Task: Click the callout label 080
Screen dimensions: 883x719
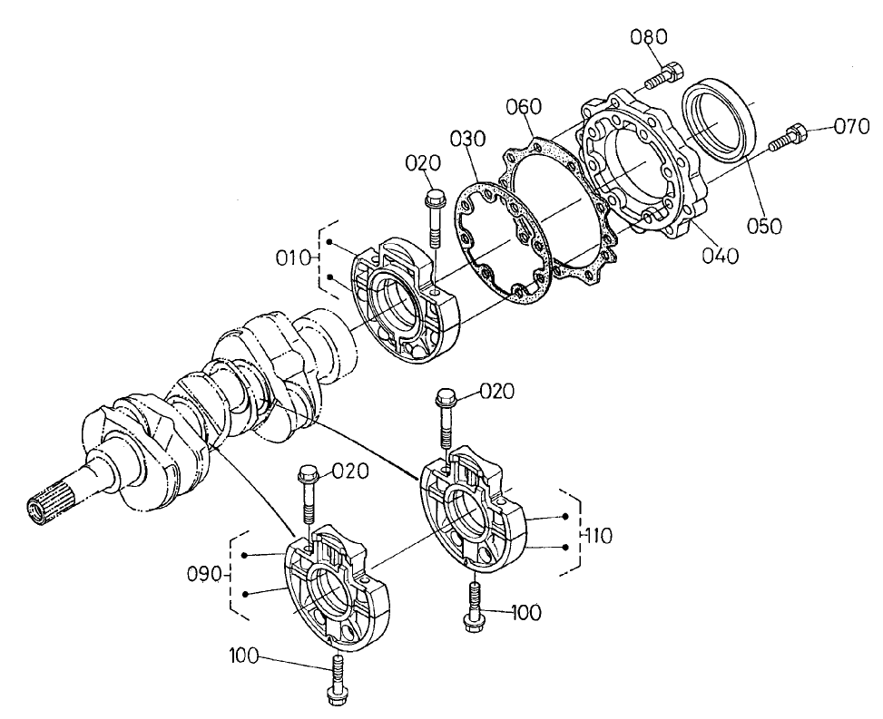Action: pos(649,37)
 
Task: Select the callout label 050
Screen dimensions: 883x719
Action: pos(763,226)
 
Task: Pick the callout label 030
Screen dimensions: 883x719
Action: pos(466,141)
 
